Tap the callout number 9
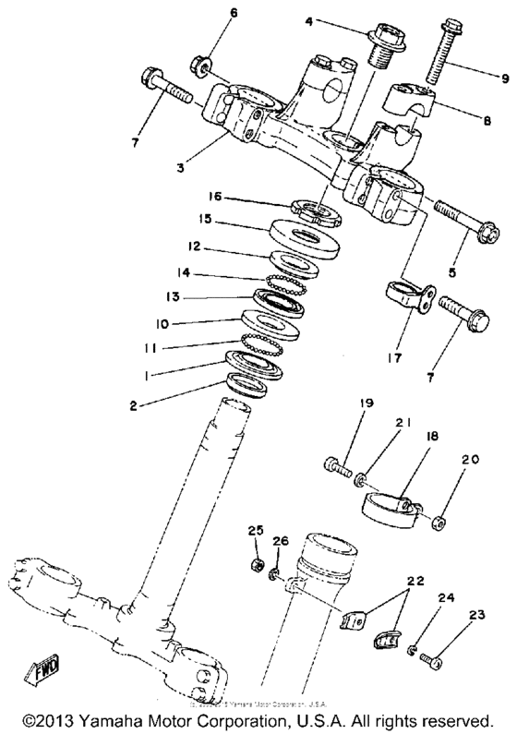click(x=479, y=78)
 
